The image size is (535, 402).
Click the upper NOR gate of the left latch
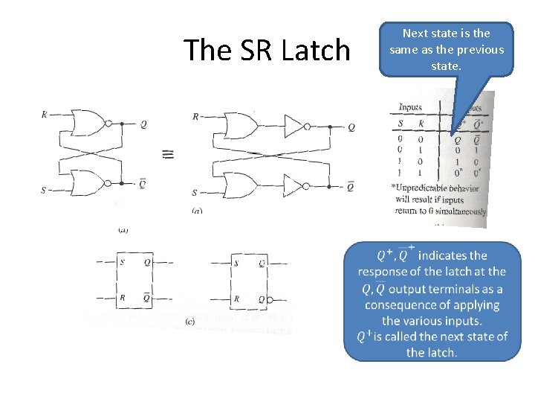[88, 123]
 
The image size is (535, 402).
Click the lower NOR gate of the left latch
[88, 182]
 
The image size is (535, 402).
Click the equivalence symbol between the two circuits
[168, 153]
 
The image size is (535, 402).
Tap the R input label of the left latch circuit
[45, 115]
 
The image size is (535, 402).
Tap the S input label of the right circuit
[195, 192]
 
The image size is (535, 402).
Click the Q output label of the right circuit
[351, 127]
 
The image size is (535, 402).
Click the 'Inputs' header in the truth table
[410, 108]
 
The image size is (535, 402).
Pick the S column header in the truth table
[401, 123]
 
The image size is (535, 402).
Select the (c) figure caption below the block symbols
[190, 322]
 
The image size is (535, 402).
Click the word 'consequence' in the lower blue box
[401, 304]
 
